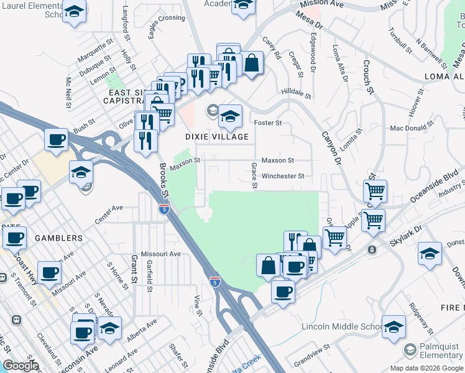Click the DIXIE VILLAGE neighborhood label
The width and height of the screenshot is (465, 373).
(x=216, y=137)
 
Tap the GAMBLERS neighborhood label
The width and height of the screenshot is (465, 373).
(x=60, y=238)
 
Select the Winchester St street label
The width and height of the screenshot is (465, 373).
(x=283, y=176)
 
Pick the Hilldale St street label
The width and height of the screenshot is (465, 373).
(x=296, y=93)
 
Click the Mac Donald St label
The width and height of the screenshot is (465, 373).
(x=412, y=128)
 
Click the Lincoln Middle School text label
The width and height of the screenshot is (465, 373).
(x=341, y=327)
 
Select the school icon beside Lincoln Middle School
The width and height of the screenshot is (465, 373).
(x=394, y=326)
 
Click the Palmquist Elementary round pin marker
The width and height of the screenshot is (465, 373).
(x=409, y=349)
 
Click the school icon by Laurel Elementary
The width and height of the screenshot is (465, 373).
(x=75, y=12)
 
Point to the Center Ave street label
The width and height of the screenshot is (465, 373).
(x=109, y=214)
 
